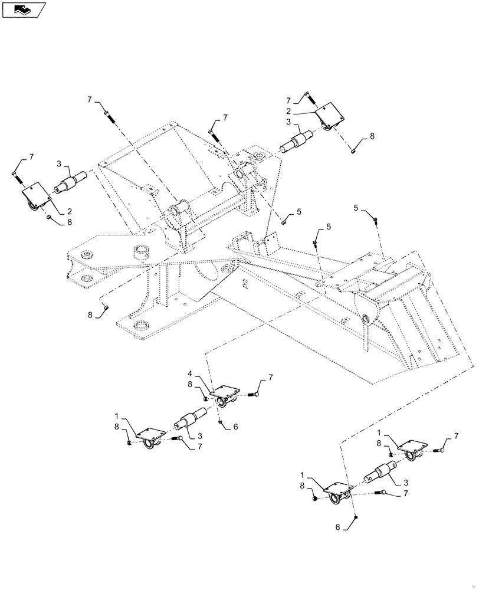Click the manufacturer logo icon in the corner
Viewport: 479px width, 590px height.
[24, 9]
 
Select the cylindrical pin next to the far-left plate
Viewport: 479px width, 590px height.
[71, 183]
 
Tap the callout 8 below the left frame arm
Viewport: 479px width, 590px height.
[91, 315]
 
